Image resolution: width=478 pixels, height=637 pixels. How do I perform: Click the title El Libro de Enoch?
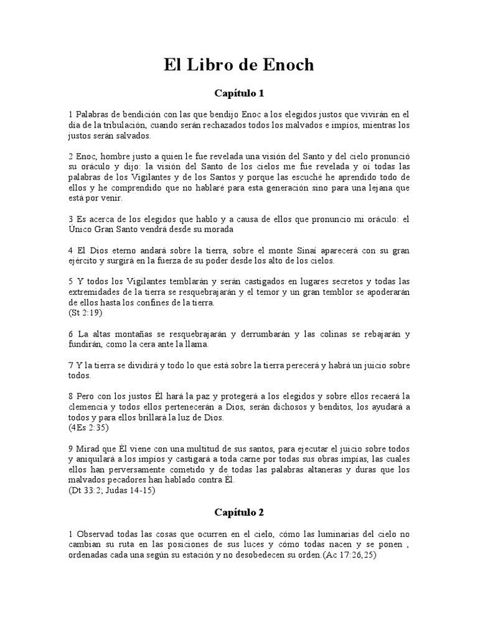(x=240, y=65)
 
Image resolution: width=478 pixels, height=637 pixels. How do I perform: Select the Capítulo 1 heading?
(x=240, y=94)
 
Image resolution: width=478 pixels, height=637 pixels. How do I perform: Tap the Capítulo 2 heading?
(x=240, y=513)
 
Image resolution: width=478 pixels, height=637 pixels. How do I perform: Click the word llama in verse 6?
(x=197, y=344)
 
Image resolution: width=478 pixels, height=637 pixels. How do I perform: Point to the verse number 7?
(x=71, y=365)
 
